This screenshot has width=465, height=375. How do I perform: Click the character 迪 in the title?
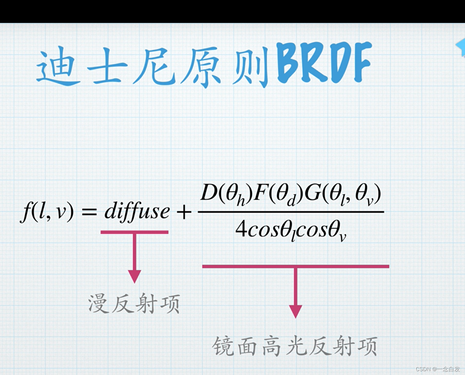[58, 66]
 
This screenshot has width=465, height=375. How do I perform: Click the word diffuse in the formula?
[137, 212]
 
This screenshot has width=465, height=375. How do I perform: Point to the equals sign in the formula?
[89, 212]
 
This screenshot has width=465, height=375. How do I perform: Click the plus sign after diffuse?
[184, 212]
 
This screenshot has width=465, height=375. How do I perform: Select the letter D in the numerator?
[209, 193]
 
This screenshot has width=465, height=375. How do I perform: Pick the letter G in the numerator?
[312, 193]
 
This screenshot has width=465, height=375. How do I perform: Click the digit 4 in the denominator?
[241, 229]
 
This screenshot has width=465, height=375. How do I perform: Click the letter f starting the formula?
[27, 212]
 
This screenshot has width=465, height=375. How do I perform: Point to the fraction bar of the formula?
[291, 212]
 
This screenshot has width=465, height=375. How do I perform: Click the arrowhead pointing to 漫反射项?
[135, 276]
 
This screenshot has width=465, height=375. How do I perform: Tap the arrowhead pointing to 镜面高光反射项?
[295, 311]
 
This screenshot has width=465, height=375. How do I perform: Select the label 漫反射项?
[134, 304]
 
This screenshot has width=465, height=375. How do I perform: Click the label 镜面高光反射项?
[295, 346]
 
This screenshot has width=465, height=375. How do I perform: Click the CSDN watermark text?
[438, 369]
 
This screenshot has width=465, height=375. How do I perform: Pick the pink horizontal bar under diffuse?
[134, 232]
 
